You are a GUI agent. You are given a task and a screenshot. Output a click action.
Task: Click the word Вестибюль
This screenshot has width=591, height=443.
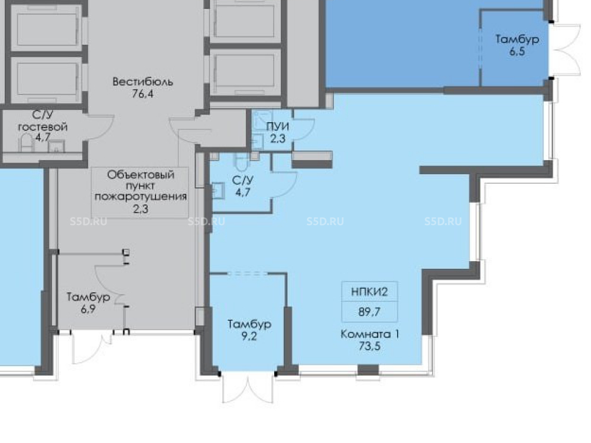143,82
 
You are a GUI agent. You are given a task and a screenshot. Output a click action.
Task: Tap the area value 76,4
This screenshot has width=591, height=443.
143,94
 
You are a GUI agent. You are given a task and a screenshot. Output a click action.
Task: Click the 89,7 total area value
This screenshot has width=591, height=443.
369,312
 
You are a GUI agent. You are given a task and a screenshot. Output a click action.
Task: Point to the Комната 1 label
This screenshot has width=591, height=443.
370,334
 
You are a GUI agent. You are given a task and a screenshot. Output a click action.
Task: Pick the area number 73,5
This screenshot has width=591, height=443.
370,346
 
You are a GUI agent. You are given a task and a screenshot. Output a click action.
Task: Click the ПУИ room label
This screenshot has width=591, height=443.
278,126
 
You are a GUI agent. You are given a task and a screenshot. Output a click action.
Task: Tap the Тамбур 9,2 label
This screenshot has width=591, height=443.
249,330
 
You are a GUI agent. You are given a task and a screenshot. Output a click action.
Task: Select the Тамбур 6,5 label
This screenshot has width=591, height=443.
517,45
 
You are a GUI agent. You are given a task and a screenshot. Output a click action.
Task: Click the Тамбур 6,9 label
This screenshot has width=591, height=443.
88,303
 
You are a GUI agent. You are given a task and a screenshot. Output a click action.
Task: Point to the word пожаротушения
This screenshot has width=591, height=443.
141,197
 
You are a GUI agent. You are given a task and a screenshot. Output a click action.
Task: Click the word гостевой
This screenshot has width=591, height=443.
43,127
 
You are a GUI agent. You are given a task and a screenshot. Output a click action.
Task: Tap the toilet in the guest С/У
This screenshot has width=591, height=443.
25,143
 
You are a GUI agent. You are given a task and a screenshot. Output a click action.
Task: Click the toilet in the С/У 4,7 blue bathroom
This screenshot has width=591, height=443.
242,161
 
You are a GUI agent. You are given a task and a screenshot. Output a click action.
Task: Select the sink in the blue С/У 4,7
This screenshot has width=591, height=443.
218,190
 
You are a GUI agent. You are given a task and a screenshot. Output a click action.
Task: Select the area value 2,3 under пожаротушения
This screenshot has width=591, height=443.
141,209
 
